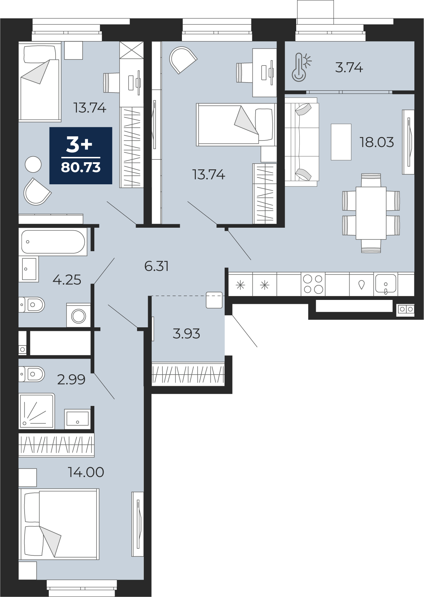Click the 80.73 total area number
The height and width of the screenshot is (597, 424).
tap(81, 168)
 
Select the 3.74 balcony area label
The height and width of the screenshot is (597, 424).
tap(349, 68)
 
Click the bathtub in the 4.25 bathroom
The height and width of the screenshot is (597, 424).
tap(53, 242)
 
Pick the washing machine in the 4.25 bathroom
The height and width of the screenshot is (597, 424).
tap(78, 315)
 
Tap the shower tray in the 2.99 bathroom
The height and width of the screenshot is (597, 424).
tap(37, 411)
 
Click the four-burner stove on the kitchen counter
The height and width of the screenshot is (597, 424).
tap(313, 284)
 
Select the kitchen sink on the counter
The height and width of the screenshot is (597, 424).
tap(386, 284)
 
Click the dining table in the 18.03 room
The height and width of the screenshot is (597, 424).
tap(371, 213)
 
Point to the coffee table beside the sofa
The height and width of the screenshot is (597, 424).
tap(341, 142)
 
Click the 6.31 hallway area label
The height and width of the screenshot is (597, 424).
tap(157, 266)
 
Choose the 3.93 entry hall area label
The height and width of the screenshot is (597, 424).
tap(186, 333)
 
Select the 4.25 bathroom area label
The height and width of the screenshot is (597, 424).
tap(67, 280)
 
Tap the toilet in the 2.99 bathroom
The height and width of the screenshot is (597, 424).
tap(31, 374)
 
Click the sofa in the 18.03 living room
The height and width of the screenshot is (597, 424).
tap(302, 142)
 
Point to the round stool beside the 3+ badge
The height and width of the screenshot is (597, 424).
tap(33, 164)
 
